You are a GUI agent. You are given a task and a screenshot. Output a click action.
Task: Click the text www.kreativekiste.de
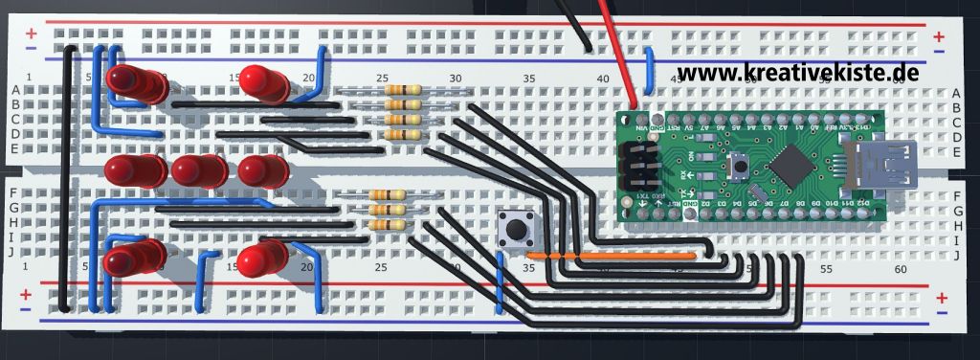coord(799,72)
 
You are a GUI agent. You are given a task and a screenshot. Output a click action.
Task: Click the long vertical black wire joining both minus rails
coord(65,182)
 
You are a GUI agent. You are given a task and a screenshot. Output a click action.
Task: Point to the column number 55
coord(827,271)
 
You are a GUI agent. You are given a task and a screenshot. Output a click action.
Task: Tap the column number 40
coord(602,79)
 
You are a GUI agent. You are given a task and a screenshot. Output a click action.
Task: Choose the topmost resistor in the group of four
coord(403,91)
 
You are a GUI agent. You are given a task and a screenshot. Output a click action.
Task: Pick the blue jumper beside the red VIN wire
coord(650,72)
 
